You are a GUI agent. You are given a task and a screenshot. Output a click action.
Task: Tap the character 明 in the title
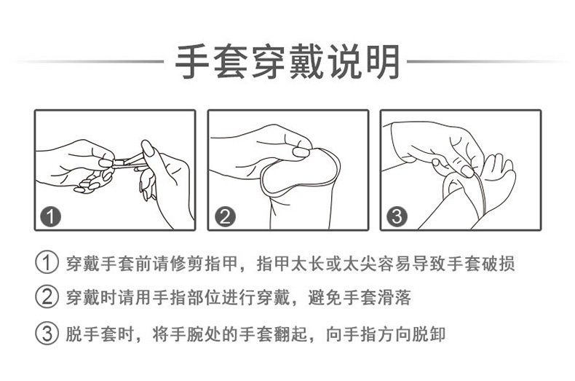[x=383, y=61]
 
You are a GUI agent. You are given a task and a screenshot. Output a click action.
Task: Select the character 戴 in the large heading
[x=307, y=61]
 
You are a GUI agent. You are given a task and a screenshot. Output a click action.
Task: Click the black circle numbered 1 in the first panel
[x=51, y=216]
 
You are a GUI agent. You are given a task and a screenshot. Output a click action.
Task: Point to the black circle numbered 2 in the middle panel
[x=225, y=216]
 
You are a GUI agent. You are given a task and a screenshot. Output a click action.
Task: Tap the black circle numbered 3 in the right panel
[x=397, y=216]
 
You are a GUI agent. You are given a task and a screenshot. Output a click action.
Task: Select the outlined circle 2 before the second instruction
[x=47, y=297]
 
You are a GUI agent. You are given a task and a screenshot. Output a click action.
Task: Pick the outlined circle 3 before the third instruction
[x=47, y=333]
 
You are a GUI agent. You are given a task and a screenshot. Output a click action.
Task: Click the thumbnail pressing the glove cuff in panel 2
[x=301, y=152]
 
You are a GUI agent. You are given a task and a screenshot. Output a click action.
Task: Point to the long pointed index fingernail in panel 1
[x=148, y=148]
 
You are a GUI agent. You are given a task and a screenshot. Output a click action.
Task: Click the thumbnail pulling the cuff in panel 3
[x=467, y=171]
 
